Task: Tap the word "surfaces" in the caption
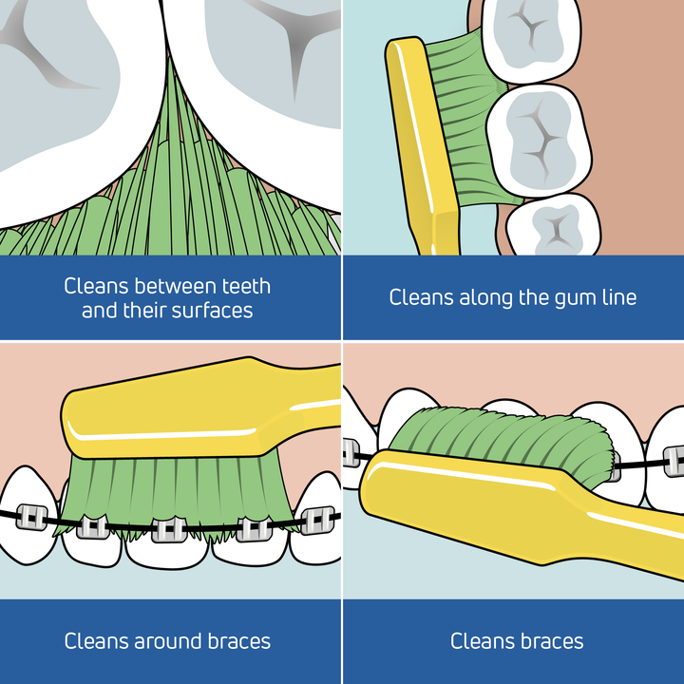[211, 310]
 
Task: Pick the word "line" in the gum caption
[617, 297]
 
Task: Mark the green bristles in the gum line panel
[470, 123]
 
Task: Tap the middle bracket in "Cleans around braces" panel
[168, 528]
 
